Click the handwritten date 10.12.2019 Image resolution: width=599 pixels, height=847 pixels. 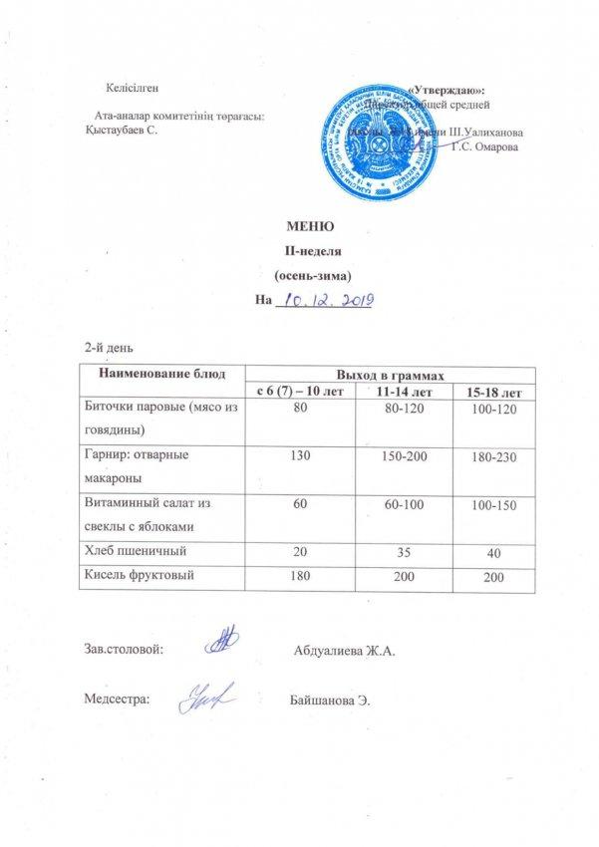(x=322, y=299)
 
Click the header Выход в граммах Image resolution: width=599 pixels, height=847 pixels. (x=390, y=373)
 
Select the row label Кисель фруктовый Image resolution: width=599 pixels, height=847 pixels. (x=139, y=575)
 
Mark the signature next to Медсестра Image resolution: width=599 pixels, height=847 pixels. (x=203, y=699)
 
